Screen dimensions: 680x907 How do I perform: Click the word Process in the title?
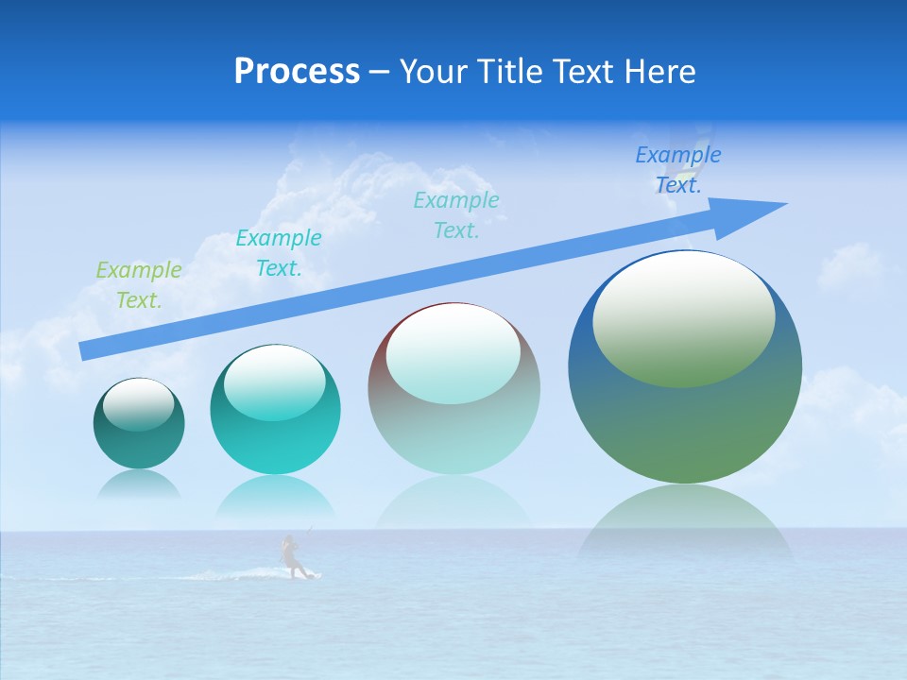pyautogui.click(x=297, y=72)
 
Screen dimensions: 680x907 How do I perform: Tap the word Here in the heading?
pyautogui.click(x=660, y=72)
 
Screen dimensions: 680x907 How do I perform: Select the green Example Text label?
pyautogui.click(x=139, y=285)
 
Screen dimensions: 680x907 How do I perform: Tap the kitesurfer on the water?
pyautogui.click(x=292, y=557)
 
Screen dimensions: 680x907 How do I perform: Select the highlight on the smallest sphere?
pyautogui.click(x=139, y=404)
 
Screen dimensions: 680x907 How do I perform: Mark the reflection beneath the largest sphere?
pyautogui.click(x=685, y=519)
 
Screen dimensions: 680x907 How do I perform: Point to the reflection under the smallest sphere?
pyautogui.click(x=139, y=484)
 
